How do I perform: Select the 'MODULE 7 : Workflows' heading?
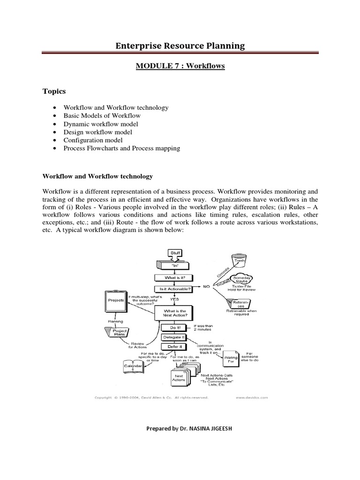180,66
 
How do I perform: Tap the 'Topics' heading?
54,91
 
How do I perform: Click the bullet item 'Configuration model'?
93,140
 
